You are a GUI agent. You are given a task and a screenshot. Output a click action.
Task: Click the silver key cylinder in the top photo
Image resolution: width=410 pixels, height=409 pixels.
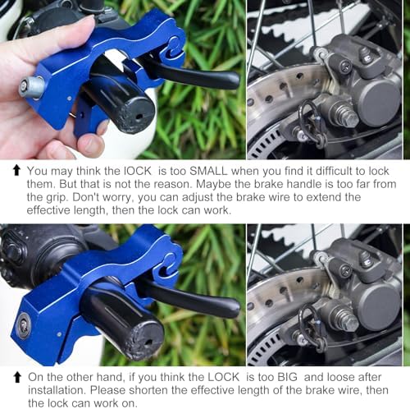pos(31,86)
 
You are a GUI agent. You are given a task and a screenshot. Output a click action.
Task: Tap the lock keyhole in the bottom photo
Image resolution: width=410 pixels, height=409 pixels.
pos(23,325)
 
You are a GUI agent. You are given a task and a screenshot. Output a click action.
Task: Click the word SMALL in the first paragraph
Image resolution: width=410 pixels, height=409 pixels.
pos(208,171)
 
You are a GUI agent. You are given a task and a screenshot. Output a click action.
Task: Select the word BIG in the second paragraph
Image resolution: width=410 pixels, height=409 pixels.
pos(287,377)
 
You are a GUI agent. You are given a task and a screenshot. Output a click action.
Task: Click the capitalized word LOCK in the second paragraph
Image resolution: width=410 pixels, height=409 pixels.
pos(223,377)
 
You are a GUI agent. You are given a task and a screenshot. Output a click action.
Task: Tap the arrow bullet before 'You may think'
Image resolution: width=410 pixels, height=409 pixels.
pos(17,171)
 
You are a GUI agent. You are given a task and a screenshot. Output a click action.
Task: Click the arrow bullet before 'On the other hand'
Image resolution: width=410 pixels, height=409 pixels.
pos(17,377)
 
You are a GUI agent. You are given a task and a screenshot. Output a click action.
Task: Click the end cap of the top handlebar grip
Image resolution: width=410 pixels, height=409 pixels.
pos(139,116)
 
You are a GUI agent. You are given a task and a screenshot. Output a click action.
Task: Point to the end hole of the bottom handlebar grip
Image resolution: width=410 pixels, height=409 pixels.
pos(150,342)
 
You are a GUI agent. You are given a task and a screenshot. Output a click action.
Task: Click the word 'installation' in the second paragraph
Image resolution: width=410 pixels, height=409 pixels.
pos(57,390)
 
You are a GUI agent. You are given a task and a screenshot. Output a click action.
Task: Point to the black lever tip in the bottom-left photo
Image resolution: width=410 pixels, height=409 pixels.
pos(232,306)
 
